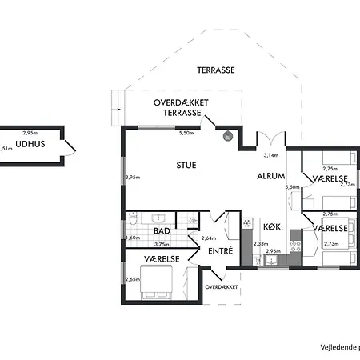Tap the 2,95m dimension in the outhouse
(x=30, y=132)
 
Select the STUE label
(x=186, y=165)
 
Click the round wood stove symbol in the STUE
(x=227, y=135)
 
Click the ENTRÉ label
(x=220, y=251)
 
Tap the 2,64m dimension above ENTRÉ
(x=208, y=238)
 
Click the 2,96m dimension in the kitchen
(x=273, y=252)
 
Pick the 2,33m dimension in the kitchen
(x=260, y=244)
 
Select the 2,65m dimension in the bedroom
(x=132, y=279)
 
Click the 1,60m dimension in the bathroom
(x=132, y=238)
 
